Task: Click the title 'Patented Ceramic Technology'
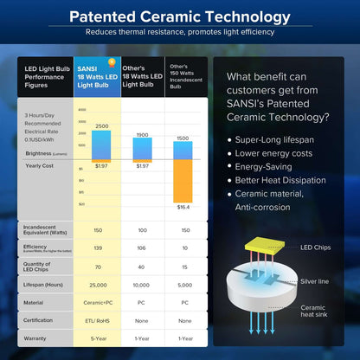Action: coord(180,16)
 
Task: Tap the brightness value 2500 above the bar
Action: coord(101,126)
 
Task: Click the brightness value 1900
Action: coord(143,135)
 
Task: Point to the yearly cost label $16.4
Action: coord(183,207)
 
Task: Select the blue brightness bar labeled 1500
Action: coord(183,151)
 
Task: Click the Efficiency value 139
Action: coord(99,247)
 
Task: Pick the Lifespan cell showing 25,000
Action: coord(99,284)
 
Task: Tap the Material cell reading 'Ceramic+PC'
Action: coord(99,302)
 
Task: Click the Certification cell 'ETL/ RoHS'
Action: coord(99,320)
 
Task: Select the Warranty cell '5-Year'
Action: coord(99,338)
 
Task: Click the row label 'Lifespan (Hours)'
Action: coord(43,284)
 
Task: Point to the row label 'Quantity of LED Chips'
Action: coord(40,265)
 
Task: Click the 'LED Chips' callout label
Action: coord(317,248)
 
